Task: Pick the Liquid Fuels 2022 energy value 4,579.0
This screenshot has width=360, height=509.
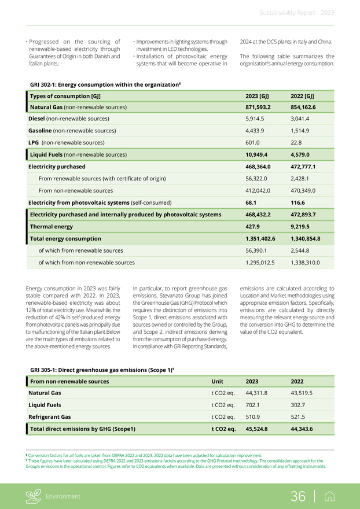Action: [x=303, y=155]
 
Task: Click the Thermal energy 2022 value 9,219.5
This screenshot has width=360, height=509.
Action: [x=303, y=226]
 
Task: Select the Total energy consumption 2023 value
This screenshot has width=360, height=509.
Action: [x=263, y=238]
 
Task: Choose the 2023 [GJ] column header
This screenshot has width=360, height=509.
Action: [x=256, y=95]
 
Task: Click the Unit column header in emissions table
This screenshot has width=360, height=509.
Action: [x=218, y=381]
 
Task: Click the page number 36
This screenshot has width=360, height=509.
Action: [x=298, y=496]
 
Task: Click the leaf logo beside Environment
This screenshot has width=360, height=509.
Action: [x=35, y=496]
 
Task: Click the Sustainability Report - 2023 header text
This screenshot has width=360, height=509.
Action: [x=296, y=13]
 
